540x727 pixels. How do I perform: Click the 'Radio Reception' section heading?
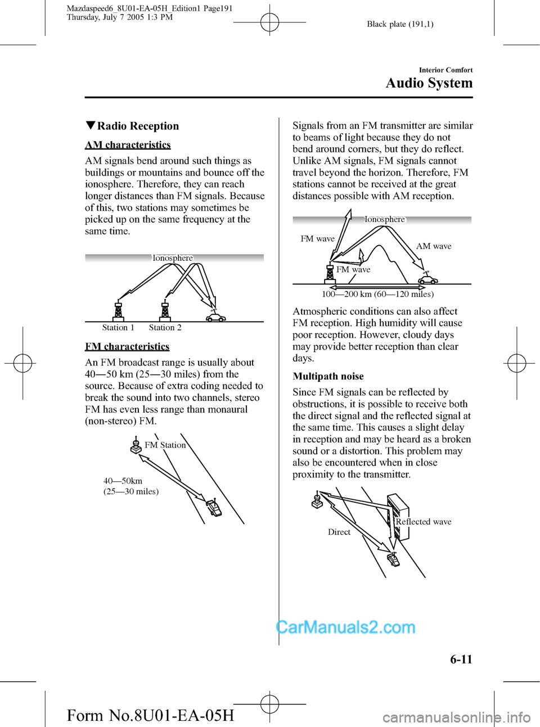pyautogui.click(x=137, y=126)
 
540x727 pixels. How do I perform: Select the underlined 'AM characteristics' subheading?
pyautogui.click(x=128, y=145)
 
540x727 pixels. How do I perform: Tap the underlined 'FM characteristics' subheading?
pyautogui.click(x=127, y=346)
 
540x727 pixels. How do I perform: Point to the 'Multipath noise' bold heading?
pyautogui.click(x=328, y=376)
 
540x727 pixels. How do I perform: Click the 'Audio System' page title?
pyautogui.click(x=429, y=83)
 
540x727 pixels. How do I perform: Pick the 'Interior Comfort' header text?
pyautogui.click(x=445, y=70)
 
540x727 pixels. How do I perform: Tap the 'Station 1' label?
pyautogui.click(x=118, y=327)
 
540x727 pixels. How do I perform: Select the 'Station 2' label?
pyautogui.click(x=165, y=327)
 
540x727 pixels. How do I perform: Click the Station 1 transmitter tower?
pyautogui.click(x=118, y=311)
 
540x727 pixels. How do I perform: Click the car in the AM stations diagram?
pyautogui.click(x=215, y=317)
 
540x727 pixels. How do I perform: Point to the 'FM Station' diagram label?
pyautogui.click(x=165, y=445)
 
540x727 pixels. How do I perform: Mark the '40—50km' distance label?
pyautogui.click(x=123, y=481)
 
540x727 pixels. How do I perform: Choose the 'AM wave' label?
pyautogui.click(x=434, y=246)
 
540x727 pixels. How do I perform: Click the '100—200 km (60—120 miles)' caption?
pyautogui.click(x=377, y=294)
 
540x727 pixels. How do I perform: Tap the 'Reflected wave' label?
pyautogui.click(x=424, y=522)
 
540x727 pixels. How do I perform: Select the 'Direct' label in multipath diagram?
pyautogui.click(x=339, y=532)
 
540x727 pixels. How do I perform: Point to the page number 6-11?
pyautogui.click(x=461, y=660)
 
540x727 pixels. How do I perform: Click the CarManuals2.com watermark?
pyautogui.click(x=346, y=627)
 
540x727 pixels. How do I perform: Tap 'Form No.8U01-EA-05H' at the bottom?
pyautogui.click(x=150, y=715)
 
